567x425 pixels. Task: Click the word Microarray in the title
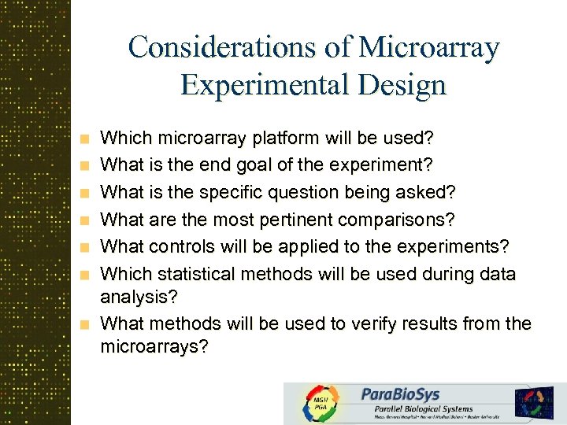(429, 48)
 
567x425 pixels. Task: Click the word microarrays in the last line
(154, 347)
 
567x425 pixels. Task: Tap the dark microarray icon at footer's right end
(535, 402)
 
